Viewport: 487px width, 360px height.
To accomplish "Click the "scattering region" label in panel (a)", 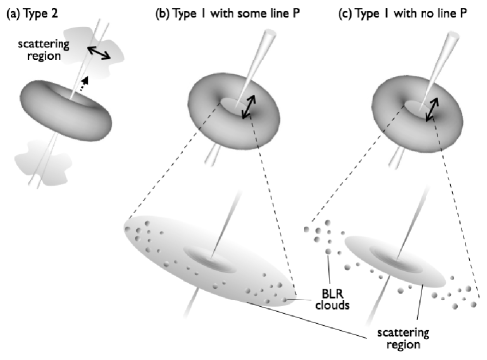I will (x=39, y=52).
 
